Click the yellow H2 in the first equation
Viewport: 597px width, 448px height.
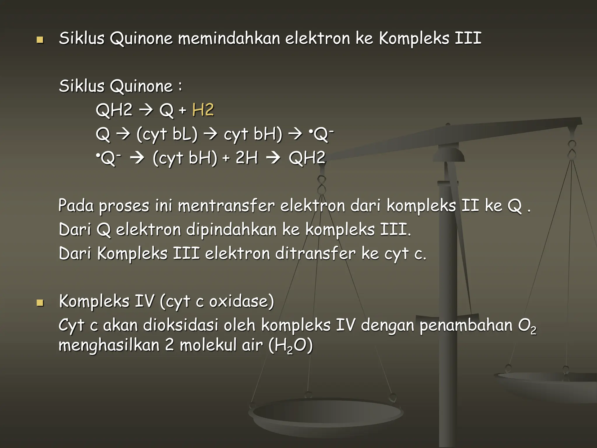point(203,110)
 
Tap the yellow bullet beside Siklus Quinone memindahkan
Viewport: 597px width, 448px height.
point(40,40)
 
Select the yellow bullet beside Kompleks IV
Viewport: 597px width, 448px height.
point(40,303)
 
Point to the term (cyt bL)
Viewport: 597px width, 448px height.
point(167,134)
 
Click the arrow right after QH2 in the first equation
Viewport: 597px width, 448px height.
point(146,110)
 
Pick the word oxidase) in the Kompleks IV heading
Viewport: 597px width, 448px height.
point(242,301)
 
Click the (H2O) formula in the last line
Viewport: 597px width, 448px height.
point(290,346)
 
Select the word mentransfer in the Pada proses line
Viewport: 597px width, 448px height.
point(226,206)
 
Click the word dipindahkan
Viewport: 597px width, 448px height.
point(231,230)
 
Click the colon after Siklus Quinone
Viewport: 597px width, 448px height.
point(180,86)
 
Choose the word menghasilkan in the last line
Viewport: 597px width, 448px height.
point(109,346)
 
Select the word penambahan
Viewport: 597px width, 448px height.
point(466,325)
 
